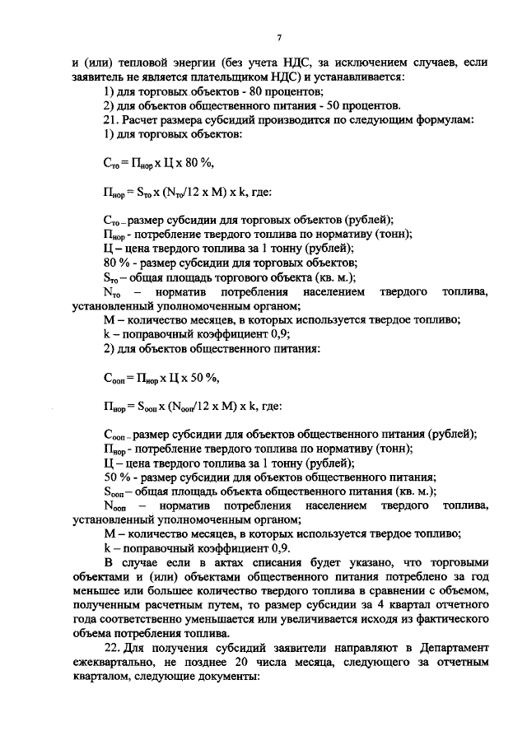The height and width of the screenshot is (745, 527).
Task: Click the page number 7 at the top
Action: pos(279,37)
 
